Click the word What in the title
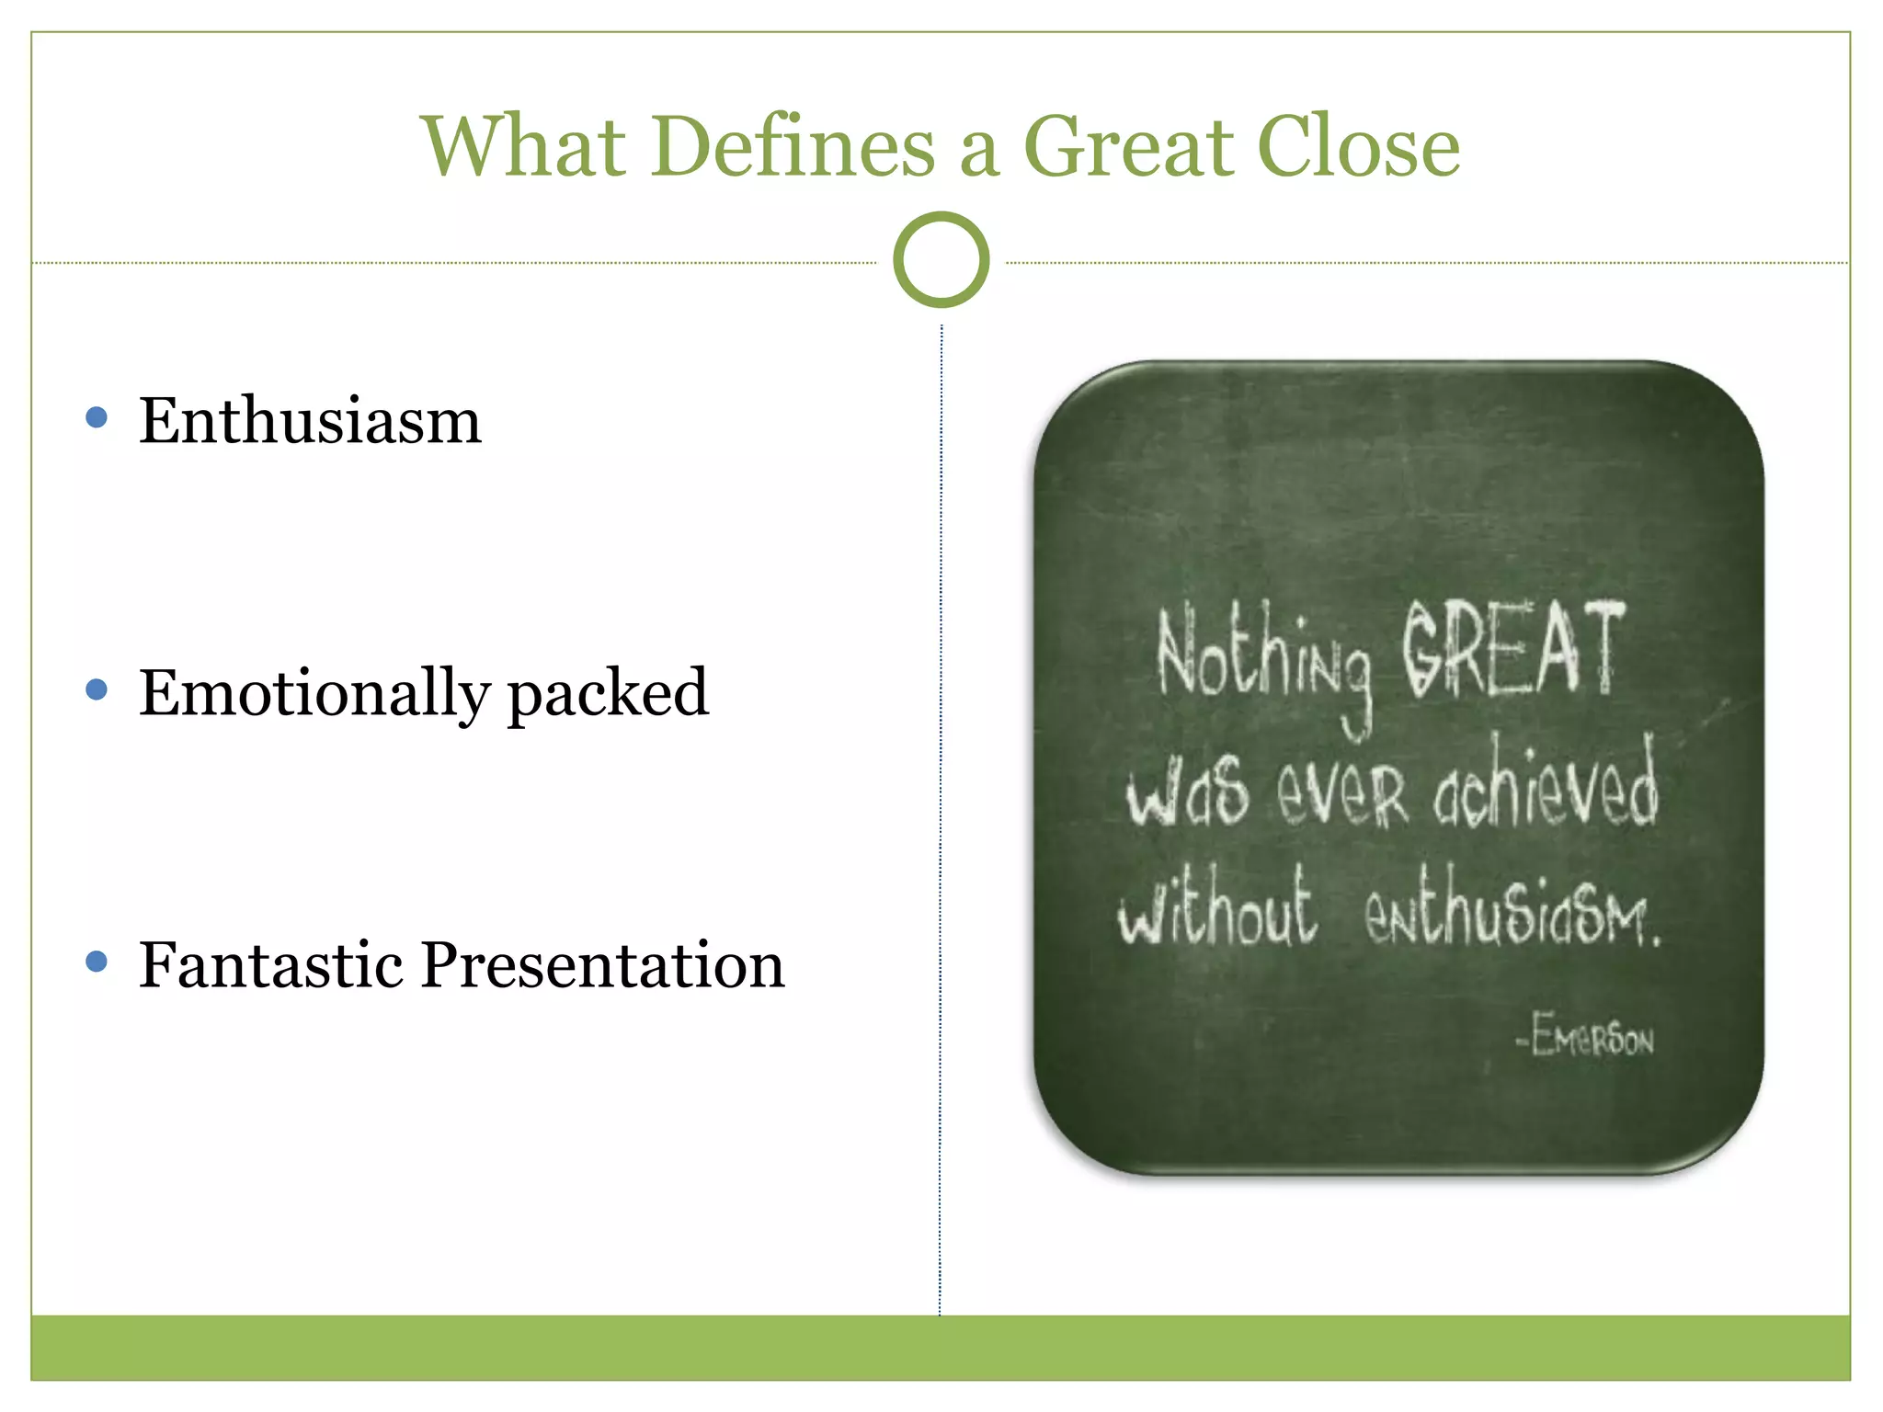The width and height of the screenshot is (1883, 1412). pos(522,147)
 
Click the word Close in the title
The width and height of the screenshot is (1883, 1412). pos(1358,147)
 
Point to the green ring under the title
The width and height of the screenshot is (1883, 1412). pos(941,260)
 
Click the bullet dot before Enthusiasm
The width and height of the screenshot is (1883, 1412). pos(97,418)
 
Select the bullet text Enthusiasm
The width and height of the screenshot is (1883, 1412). pos(310,421)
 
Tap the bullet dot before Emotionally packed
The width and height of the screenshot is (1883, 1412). pos(97,690)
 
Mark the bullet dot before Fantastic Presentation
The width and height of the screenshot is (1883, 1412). pos(97,962)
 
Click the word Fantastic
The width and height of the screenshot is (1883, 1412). pos(271,965)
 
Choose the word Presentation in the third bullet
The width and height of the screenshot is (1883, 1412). pos(602,965)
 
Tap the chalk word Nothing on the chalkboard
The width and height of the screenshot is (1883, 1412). pos(1263,657)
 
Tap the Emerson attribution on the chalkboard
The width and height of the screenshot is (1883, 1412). pos(1585,1037)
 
